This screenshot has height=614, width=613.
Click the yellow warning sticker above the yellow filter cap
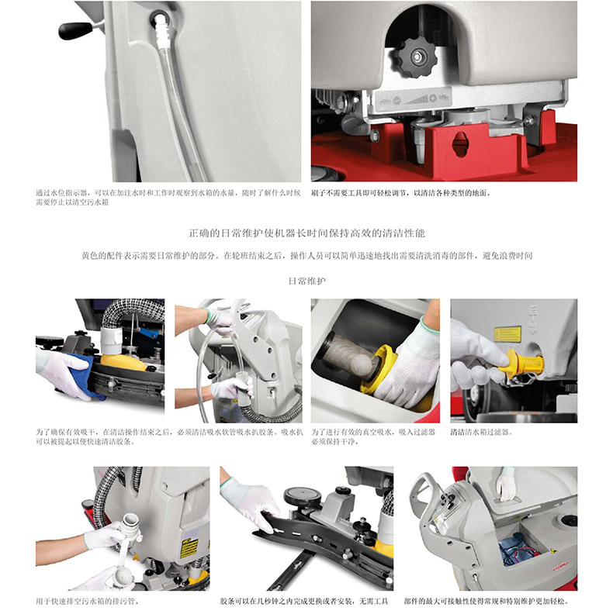507,334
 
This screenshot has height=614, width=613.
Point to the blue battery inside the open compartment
514,550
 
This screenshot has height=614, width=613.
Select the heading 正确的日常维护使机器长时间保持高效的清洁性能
306,233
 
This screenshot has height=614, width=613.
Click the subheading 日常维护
307,281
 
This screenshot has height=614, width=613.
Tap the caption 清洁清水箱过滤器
481,433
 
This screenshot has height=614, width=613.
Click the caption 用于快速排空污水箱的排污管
88,601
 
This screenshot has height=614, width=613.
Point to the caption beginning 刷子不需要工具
401,193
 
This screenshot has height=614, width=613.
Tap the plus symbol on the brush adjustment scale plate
433,98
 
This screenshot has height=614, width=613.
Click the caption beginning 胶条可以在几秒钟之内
304,601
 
